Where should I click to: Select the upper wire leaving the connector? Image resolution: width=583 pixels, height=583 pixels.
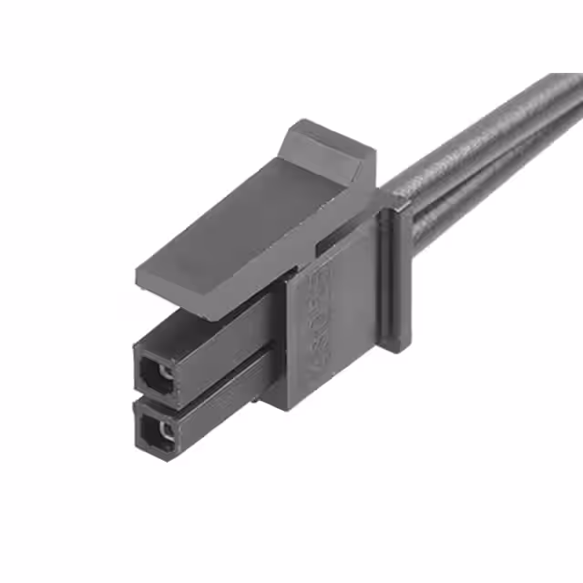pyautogui.click(x=483, y=146)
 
